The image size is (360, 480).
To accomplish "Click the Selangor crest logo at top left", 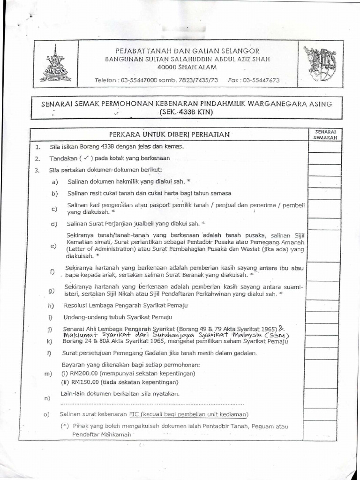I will pyautogui.click(x=56, y=63).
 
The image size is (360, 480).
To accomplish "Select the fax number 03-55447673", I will pyautogui.click(x=260, y=80).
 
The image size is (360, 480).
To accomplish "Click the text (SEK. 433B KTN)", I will pyautogui.click(x=186, y=112).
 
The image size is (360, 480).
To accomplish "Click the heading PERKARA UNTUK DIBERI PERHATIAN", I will pyautogui.click(x=169, y=135).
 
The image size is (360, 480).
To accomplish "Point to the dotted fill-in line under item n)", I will pyautogui.click(x=152, y=403).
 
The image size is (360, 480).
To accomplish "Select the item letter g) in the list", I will pyautogui.click(x=52, y=291).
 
